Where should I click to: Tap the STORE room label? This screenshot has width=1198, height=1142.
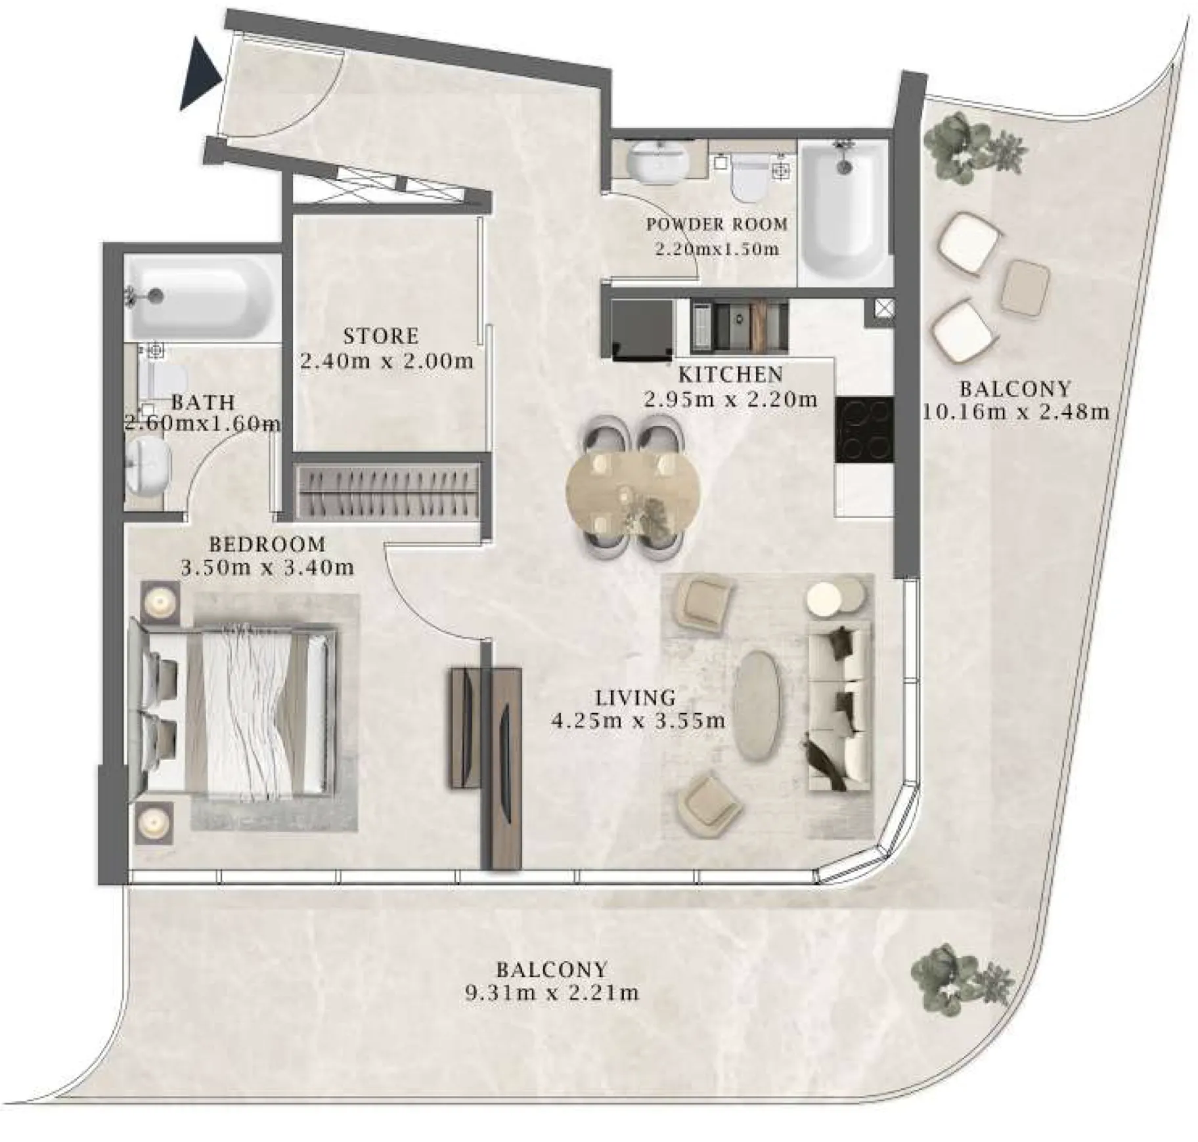pos(381,336)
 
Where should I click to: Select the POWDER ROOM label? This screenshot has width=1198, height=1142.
pos(717,224)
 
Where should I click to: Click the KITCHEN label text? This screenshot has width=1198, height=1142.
pos(730,375)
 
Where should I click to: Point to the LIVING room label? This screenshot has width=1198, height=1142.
pos(635,697)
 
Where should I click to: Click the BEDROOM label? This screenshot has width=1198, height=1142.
pos(267,544)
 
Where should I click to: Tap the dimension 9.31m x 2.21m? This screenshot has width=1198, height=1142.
pos(552,992)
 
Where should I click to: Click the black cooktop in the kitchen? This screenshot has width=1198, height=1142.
pos(864,429)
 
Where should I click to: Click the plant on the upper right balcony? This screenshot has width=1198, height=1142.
pos(975,148)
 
